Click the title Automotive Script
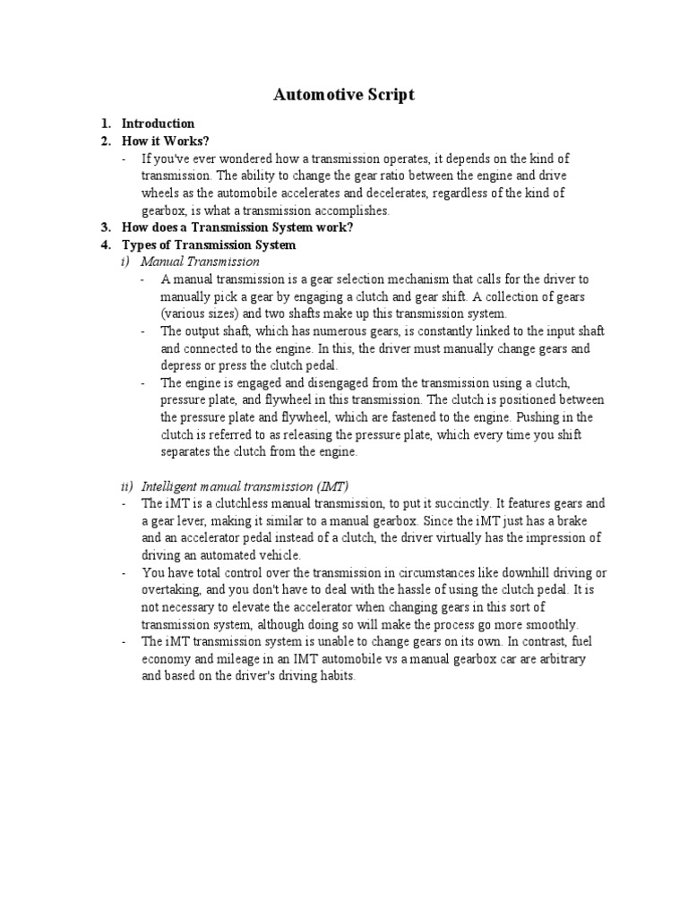(344, 95)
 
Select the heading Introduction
(158, 124)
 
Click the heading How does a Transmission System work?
(237, 227)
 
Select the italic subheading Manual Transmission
(201, 261)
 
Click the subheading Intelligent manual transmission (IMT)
(245, 486)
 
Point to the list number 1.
(105, 124)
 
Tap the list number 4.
(105, 244)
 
